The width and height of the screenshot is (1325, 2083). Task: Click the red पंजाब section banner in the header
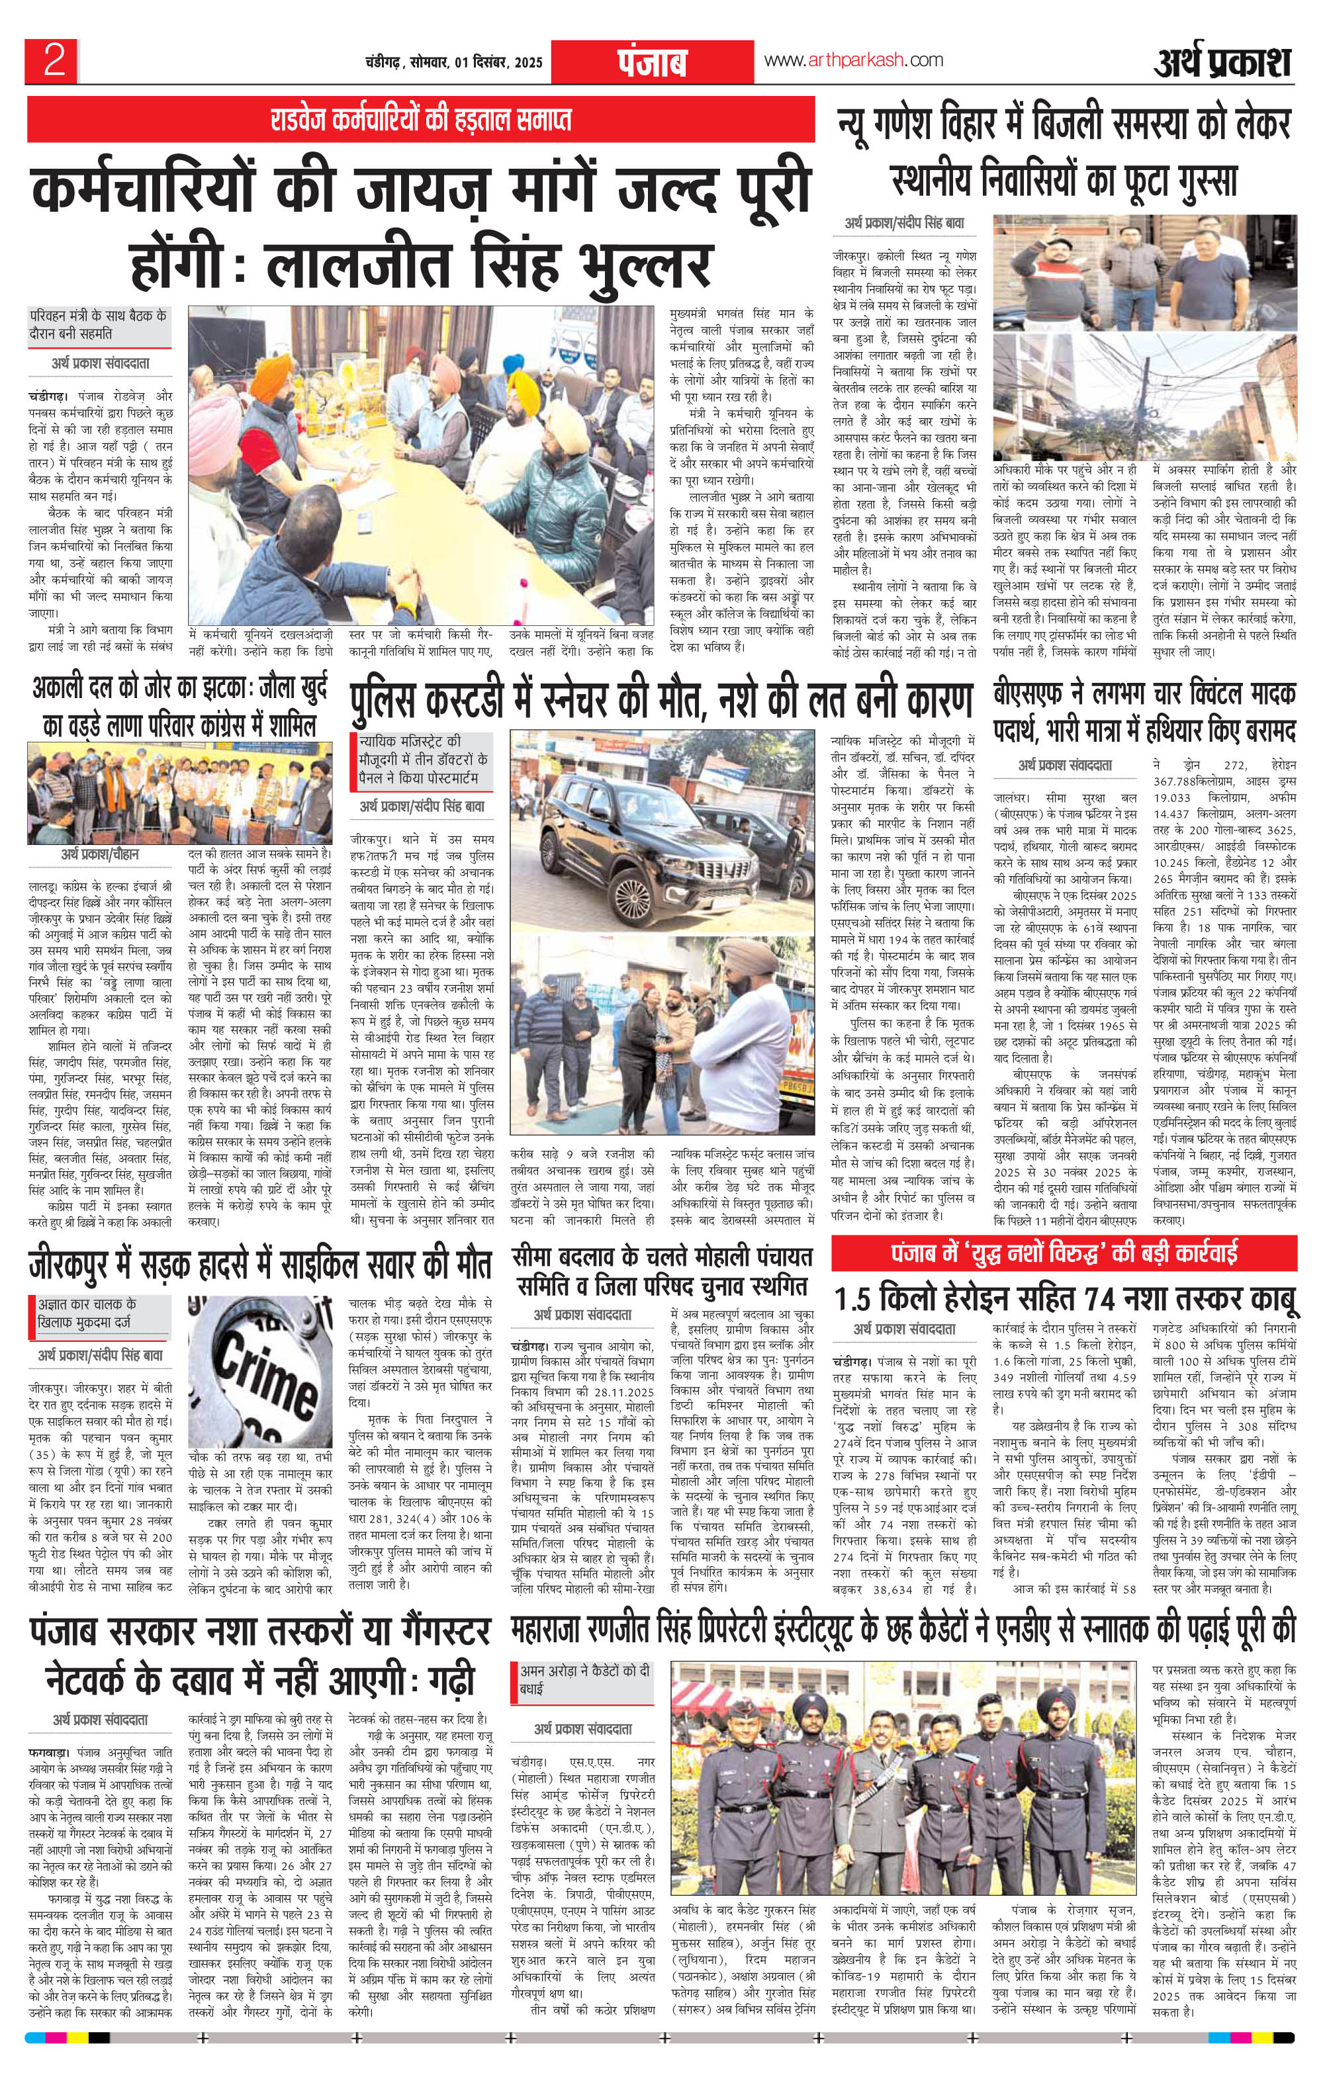[x=652, y=62]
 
